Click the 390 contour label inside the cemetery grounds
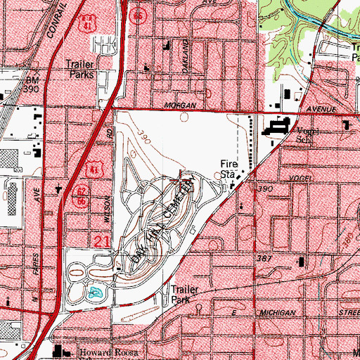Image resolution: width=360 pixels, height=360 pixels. tap(145, 133)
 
